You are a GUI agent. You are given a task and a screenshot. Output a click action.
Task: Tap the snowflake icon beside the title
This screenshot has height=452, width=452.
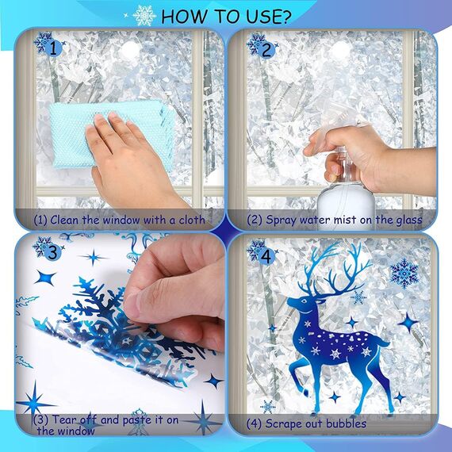coord(144,14)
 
